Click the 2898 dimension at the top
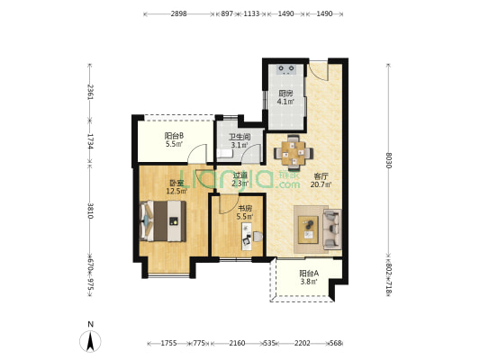click(x=179, y=13)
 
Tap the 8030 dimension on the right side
click(x=388, y=160)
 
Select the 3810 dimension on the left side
click(x=90, y=211)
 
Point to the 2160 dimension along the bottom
click(x=237, y=343)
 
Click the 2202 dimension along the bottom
click(x=303, y=343)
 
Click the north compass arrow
click(x=90, y=341)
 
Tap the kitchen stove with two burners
click(x=286, y=69)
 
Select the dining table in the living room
click(x=294, y=153)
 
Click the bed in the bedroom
click(x=163, y=220)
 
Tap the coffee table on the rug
click(x=308, y=229)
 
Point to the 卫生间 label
click(x=240, y=137)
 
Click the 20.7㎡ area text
click(x=322, y=184)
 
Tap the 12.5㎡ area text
click(x=177, y=192)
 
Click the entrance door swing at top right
click(x=319, y=71)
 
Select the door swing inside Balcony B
click(x=197, y=154)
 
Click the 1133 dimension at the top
click(x=251, y=13)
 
